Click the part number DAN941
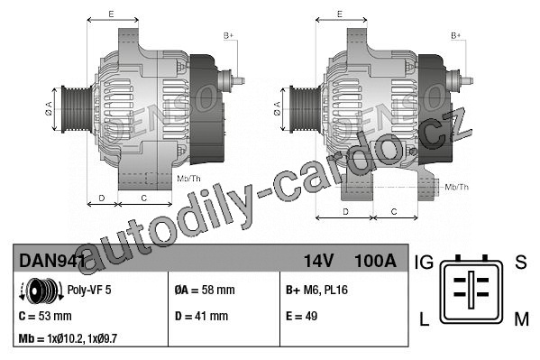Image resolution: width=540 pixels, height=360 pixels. (52, 261)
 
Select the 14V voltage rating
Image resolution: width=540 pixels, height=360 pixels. (318, 261)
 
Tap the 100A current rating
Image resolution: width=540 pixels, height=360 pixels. (375, 261)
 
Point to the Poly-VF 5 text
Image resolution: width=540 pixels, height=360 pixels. (89, 290)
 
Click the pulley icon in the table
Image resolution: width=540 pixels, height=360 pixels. (41, 291)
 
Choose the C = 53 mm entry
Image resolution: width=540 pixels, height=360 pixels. (45, 316)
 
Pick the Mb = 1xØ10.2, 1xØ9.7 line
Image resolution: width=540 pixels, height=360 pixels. (68, 338)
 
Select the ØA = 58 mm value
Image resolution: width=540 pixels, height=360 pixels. (205, 290)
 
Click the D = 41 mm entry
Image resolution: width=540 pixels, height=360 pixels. (201, 316)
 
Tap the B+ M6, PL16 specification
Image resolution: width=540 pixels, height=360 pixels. (316, 290)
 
